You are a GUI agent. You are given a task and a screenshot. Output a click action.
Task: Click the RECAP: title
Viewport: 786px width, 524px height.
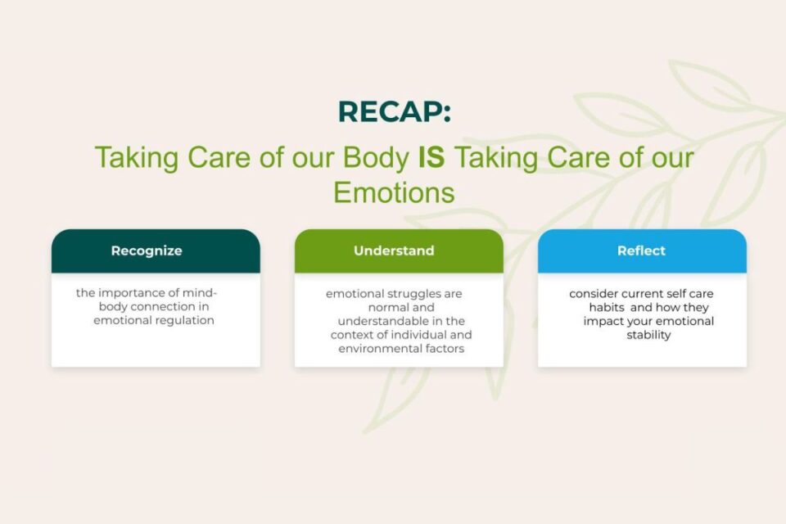[x=394, y=111]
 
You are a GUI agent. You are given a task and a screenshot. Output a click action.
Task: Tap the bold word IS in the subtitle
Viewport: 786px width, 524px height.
[x=431, y=157]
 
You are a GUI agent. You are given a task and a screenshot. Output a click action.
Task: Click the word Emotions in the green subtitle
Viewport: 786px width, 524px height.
[x=394, y=192]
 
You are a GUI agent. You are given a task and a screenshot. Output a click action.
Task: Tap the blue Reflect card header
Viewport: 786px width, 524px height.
[x=641, y=251]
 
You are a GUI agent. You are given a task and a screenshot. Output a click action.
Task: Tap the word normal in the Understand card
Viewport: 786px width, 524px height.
[x=380, y=307]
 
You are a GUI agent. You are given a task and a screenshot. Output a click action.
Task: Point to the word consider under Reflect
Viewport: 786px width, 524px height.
[x=594, y=293]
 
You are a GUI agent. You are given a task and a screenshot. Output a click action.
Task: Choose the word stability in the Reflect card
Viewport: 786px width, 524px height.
[x=648, y=335]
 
